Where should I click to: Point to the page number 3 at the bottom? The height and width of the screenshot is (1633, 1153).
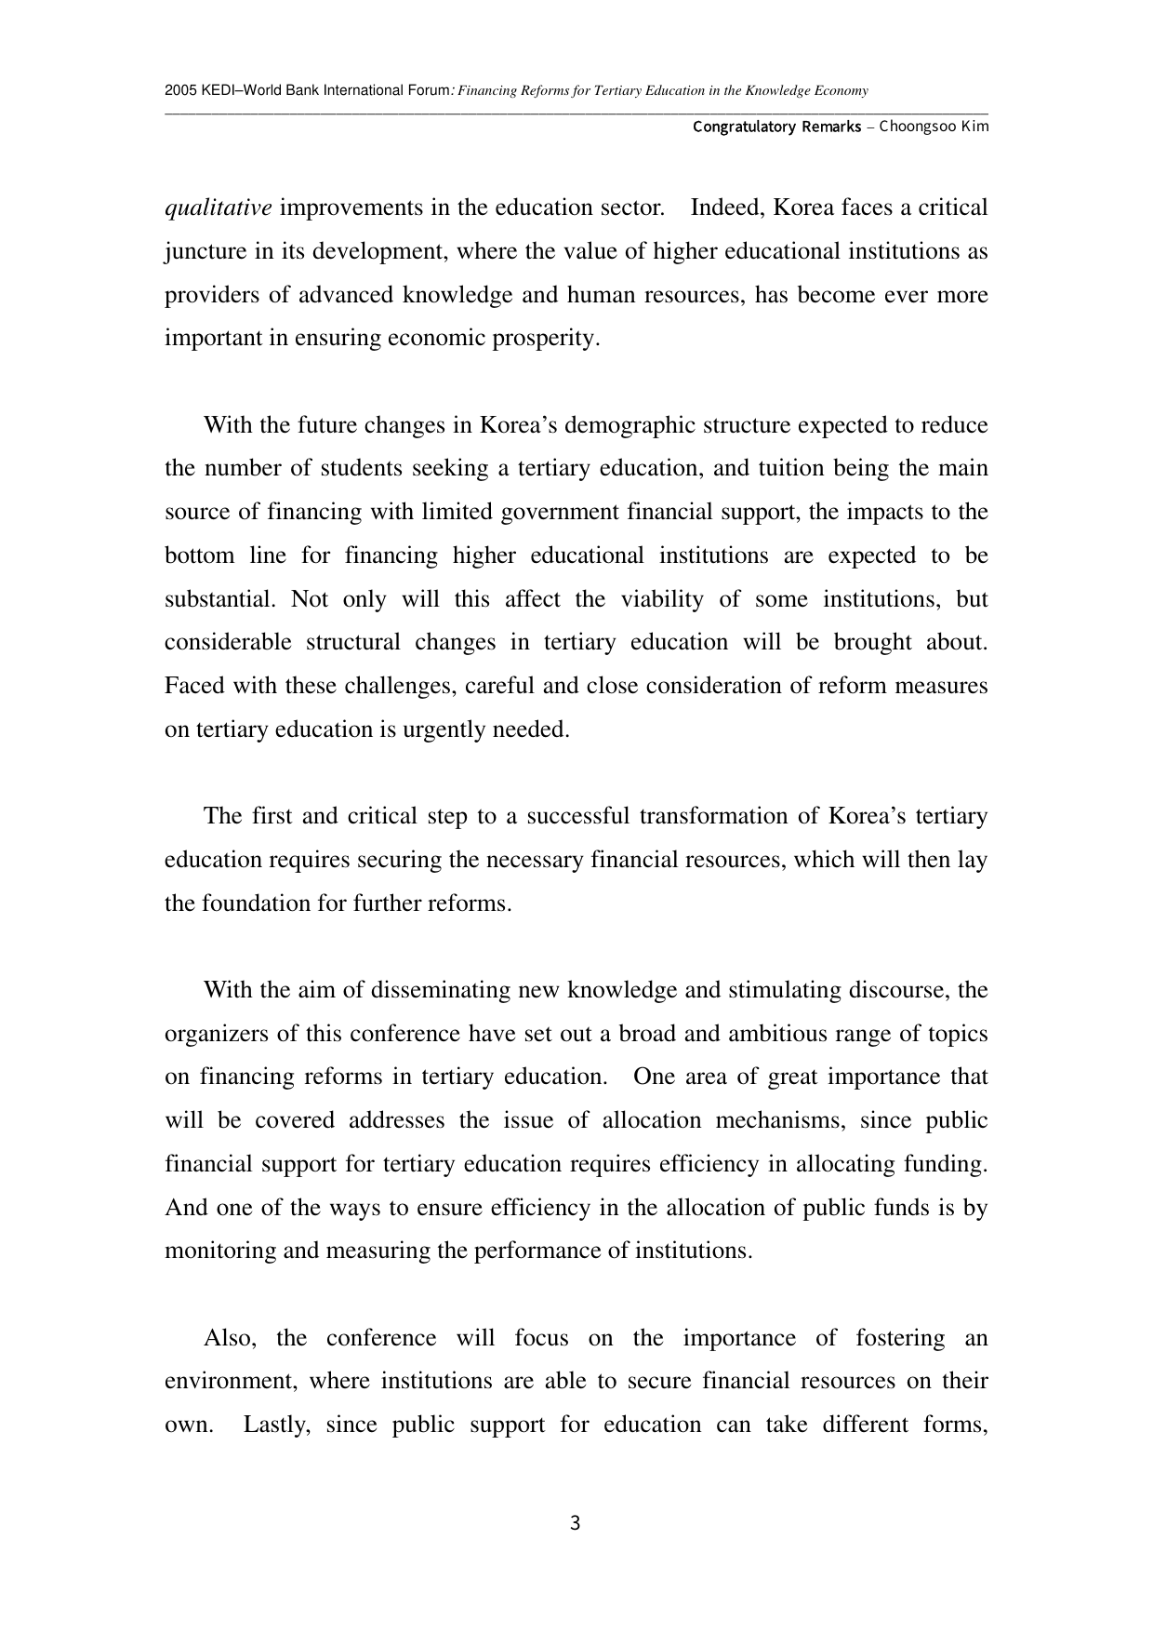(x=576, y=1523)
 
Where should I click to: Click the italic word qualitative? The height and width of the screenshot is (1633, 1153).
(x=219, y=207)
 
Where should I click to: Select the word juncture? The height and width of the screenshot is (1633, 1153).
(x=201, y=251)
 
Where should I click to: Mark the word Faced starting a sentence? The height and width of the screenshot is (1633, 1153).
(x=193, y=686)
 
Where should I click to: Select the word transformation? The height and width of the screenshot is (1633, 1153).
(x=712, y=816)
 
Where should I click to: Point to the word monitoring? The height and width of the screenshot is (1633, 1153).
(x=220, y=1251)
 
